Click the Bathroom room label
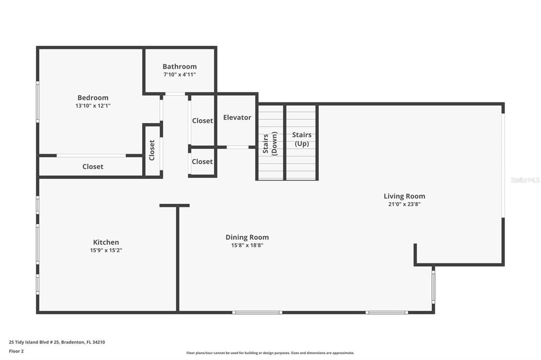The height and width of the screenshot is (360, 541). coord(180,66)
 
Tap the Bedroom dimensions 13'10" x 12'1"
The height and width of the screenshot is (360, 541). coord(93,106)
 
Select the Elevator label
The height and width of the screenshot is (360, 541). coord(237,117)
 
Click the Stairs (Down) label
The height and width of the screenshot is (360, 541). coord(270,144)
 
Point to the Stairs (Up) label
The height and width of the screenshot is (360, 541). coord(302,139)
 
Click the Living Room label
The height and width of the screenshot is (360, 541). coord(404,196)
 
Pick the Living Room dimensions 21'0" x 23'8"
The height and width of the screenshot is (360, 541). coord(404,204)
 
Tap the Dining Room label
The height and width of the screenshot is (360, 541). coord(247,237)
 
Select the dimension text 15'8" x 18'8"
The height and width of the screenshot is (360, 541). coord(247,245)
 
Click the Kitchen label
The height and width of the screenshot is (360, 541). coord(106,242)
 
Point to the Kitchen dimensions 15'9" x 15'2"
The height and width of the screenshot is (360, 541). coord(106,250)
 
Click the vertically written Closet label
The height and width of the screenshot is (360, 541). coord(152,150)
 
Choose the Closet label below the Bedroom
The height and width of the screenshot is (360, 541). coord(93,167)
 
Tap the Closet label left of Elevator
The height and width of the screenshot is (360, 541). coord(202,120)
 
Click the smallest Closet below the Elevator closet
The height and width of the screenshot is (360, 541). coord(202,162)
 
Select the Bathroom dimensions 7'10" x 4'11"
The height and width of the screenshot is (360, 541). coord(180,74)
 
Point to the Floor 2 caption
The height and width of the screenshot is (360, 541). coord(16,351)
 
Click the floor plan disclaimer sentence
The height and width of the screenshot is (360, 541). coord(270,353)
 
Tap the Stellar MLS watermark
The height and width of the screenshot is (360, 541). coord(525,180)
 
